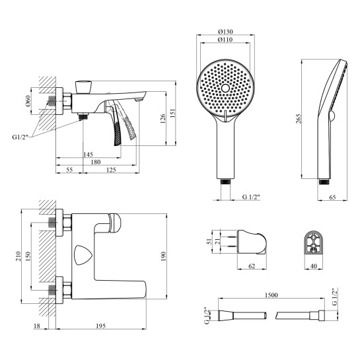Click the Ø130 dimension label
pyautogui.click(x=225, y=32)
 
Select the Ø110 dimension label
pyautogui.click(x=225, y=40)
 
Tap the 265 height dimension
pyautogui.click(x=299, y=119)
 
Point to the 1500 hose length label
pyautogui.click(x=271, y=295)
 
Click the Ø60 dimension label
pyautogui.click(x=28, y=101)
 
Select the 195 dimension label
pyautogui.click(x=101, y=326)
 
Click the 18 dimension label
pyautogui.click(x=37, y=326)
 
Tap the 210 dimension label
pyautogui.click(x=18, y=256)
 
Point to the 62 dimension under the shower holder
pyautogui.click(x=252, y=266)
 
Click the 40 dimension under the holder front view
pyautogui.click(x=313, y=266)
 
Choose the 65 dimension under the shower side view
pyautogui.click(x=332, y=197)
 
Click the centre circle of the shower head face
pyautogui.click(x=225, y=88)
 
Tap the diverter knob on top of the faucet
pyautogui.click(x=84, y=87)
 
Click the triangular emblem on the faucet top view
pyautogui.click(x=83, y=255)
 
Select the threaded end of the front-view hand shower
pyautogui.click(x=225, y=182)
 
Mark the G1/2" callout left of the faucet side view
pyautogui.click(x=20, y=137)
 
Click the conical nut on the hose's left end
pyautogui.click(x=226, y=315)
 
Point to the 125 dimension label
pyautogui.click(x=111, y=170)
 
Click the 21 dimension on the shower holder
pyautogui.click(x=218, y=240)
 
